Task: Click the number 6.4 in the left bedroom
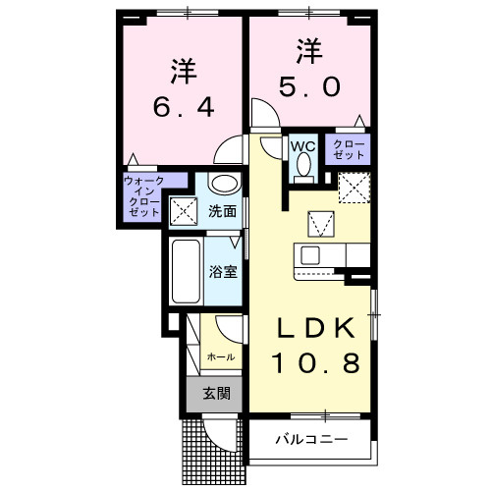(x=184, y=105)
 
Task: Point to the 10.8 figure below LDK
(x=308, y=363)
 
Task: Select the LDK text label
(x=308, y=327)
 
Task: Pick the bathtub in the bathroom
(x=186, y=271)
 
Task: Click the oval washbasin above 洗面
(x=224, y=183)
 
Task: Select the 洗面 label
(x=223, y=210)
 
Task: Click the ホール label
(x=217, y=357)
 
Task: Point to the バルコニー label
(x=310, y=439)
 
